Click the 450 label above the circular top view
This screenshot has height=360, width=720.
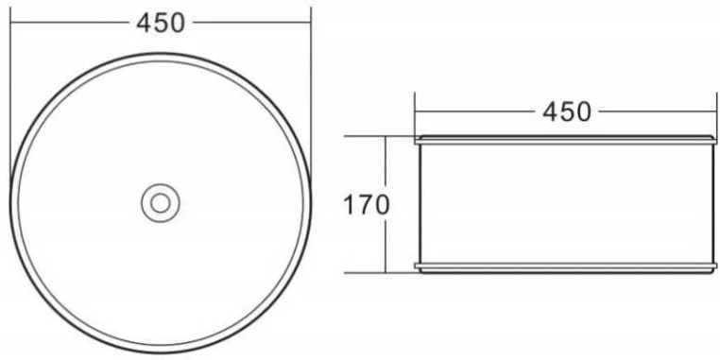tap(161, 23)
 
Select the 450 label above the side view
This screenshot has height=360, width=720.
tap(567, 112)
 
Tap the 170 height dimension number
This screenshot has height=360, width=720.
tap(367, 205)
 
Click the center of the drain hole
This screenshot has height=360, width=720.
tap(161, 203)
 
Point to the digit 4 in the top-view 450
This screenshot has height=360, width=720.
tap(145, 23)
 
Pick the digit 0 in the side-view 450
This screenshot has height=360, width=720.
tap(583, 112)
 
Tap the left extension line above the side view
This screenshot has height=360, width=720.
tap(415, 114)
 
